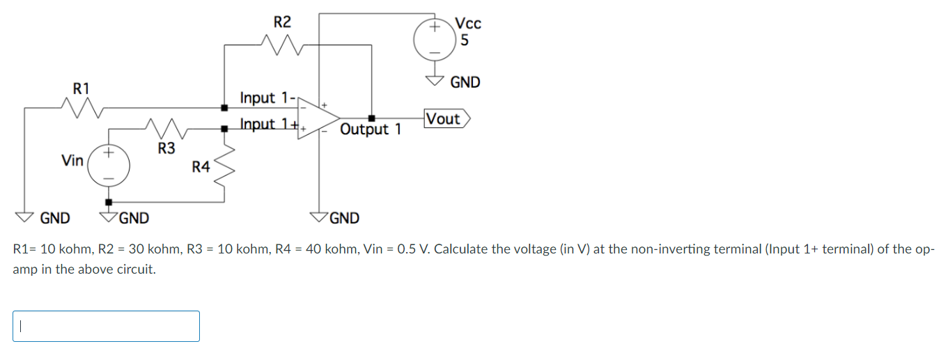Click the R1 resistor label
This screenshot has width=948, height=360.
pyautogui.click(x=81, y=88)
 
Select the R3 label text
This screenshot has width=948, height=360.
pyautogui.click(x=166, y=148)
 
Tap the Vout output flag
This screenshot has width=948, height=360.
pyautogui.click(x=446, y=119)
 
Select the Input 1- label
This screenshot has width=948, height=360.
pyautogui.click(x=267, y=98)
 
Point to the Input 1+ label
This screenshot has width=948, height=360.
pyautogui.click(x=268, y=125)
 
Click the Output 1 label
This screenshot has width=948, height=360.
pyautogui.click(x=371, y=130)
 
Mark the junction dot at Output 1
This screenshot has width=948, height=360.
pyautogui.click(x=371, y=117)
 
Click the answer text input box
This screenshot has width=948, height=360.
pyautogui.click(x=106, y=326)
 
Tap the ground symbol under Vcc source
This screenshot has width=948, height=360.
pyautogui.click(x=434, y=79)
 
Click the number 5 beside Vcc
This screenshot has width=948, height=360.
pyautogui.click(x=465, y=40)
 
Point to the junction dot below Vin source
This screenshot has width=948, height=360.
pyautogui.click(x=109, y=202)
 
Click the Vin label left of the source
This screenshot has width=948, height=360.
pyautogui.click(x=72, y=161)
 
